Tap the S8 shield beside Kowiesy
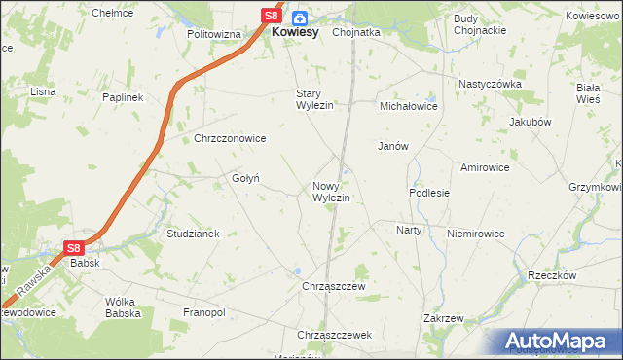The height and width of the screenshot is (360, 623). [x=274, y=17]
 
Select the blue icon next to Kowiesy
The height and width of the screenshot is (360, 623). [x=299, y=17]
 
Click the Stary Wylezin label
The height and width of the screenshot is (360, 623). [x=315, y=99]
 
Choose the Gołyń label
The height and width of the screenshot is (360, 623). [x=244, y=177]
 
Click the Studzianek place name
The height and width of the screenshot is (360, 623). [x=195, y=234]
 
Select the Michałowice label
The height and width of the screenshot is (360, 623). [x=409, y=105]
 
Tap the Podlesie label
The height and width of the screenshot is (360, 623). [x=429, y=193]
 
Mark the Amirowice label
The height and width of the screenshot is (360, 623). [x=486, y=167]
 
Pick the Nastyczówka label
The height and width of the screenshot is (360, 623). [x=491, y=84]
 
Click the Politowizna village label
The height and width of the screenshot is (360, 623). [x=214, y=33]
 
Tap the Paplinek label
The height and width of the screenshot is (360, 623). [x=123, y=97]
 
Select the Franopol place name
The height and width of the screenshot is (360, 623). [x=204, y=312]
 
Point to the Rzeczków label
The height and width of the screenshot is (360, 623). [x=553, y=275]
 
